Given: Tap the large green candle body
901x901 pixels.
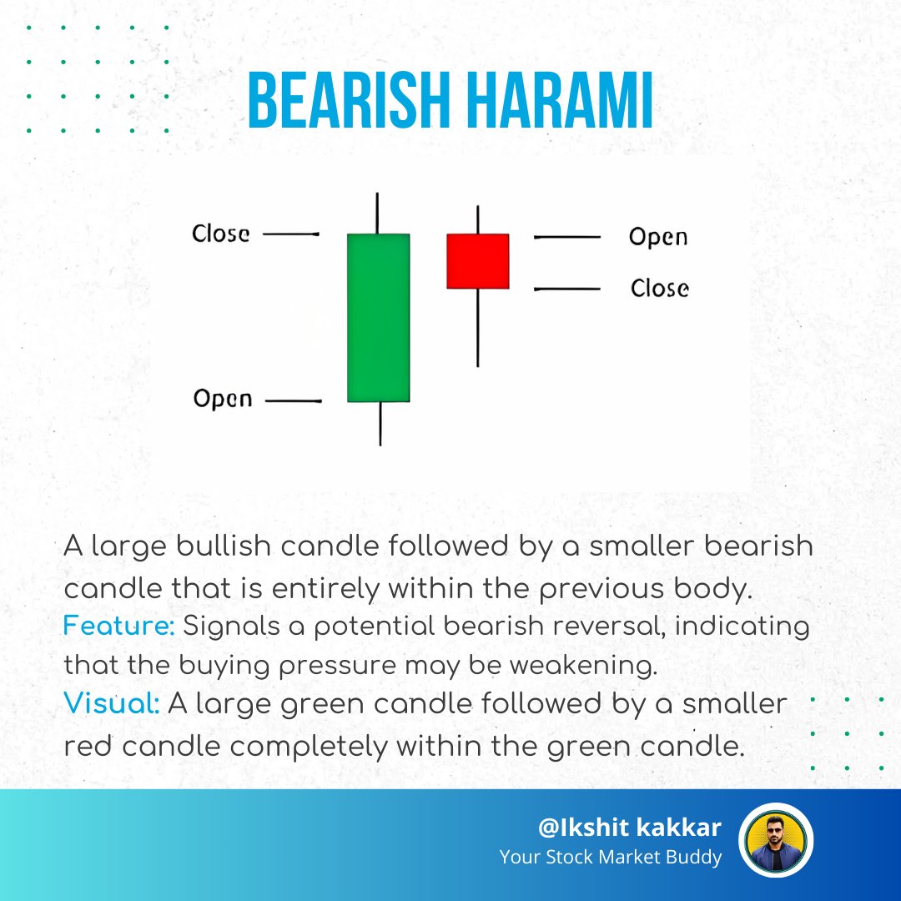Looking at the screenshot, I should tap(379, 318).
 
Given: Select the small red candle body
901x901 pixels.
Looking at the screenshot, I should tap(478, 261).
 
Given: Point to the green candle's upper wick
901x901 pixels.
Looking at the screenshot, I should tap(378, 214).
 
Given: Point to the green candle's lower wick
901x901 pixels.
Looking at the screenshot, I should tap(380, 423).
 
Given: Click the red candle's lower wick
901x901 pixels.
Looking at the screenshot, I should tap(477, 327).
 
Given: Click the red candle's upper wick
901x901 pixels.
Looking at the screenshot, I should tap(477, 219).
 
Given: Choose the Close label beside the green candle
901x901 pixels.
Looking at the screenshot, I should tap(221, 234).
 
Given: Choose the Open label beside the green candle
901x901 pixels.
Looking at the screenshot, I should tap(223, 399).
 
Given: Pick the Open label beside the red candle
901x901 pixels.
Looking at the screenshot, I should tap(658, 237).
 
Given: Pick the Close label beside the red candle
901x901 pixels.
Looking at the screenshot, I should tap(660, 289).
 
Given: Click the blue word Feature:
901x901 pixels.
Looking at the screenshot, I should tap(118, 627).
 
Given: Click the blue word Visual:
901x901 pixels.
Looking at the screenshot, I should tap(112, 704).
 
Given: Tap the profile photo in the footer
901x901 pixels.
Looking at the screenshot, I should tap(776, 840).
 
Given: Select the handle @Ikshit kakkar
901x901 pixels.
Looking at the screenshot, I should tap(630, 828).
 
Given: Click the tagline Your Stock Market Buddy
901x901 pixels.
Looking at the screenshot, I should tap(611, 857).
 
